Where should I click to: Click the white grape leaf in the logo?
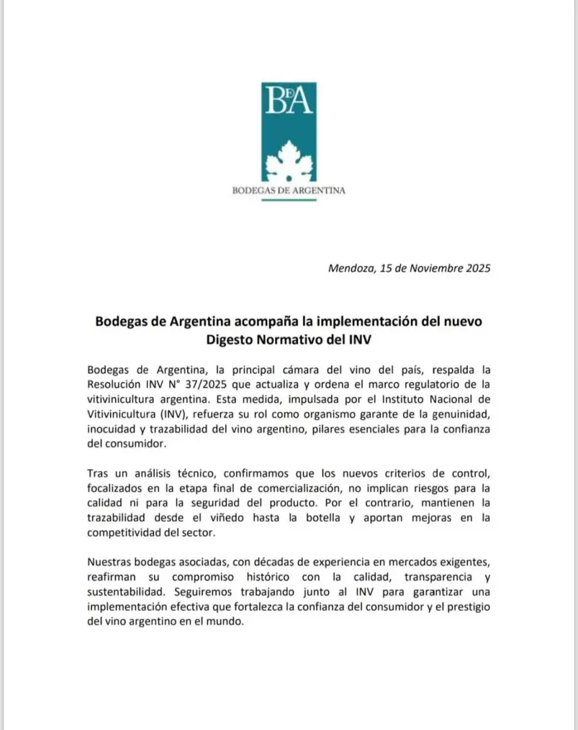click(289, 160)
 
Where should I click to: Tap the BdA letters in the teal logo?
click(289, 101)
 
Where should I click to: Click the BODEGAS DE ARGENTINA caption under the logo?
click(289, 191)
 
